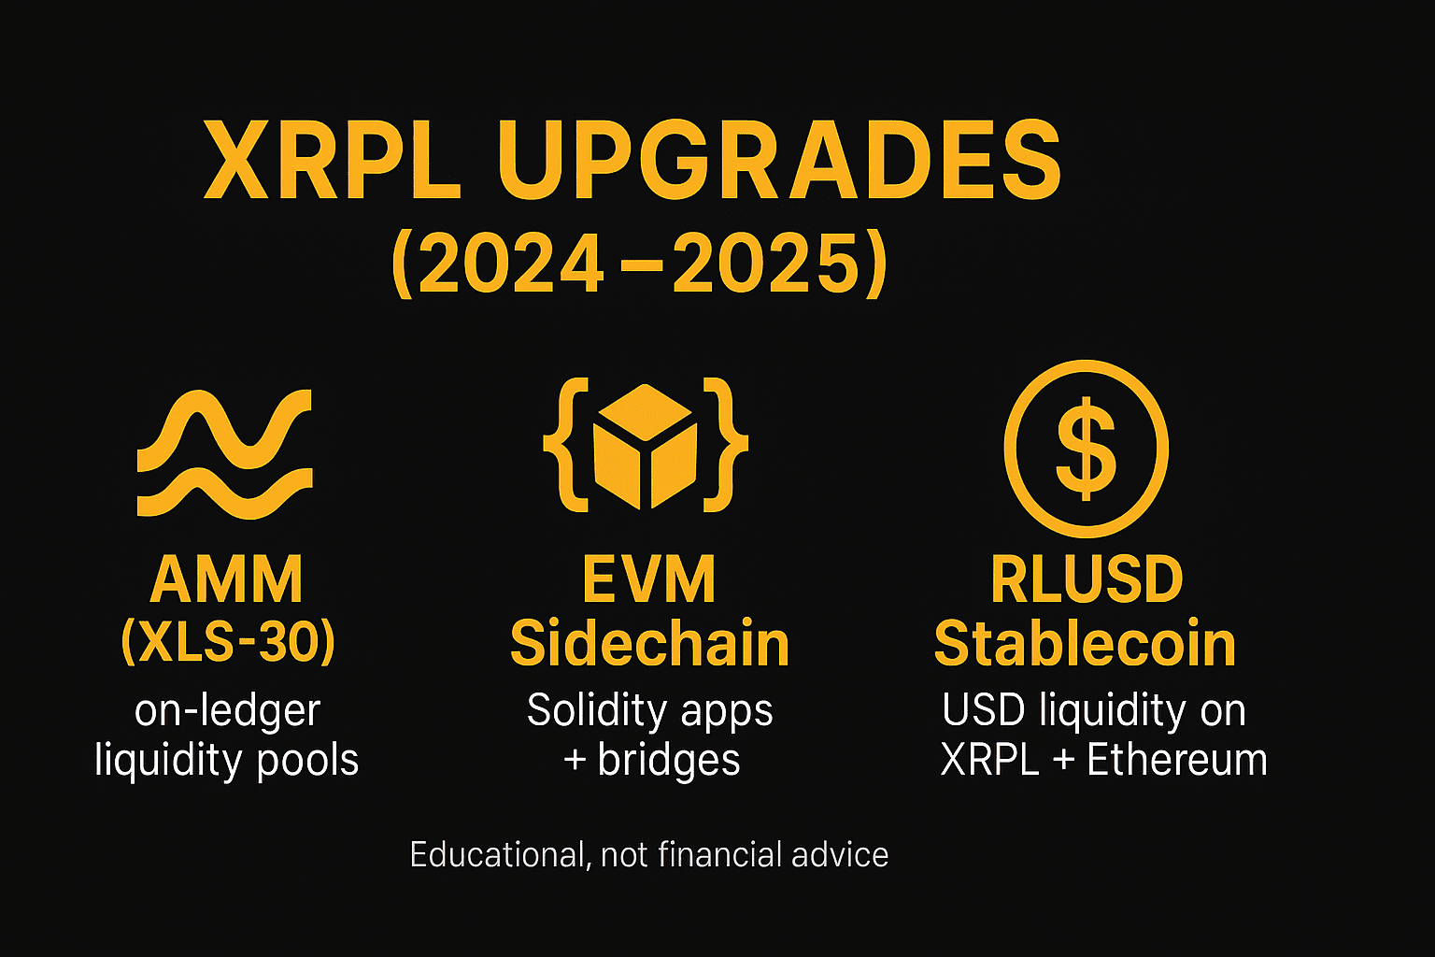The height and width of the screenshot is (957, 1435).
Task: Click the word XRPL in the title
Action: click(332, 160)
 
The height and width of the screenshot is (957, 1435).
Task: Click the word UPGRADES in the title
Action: click(780, 160)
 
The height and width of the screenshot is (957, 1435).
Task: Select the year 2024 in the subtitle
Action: click(511, 264)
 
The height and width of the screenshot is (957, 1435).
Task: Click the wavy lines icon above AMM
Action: click(225, 453)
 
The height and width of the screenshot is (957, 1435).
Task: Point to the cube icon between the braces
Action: click(646, 446)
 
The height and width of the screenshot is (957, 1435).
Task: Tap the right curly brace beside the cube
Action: click(725, 444)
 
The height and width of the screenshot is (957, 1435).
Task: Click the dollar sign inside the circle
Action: click(1086, 448)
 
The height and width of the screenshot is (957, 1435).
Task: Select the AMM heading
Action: click(226, 579)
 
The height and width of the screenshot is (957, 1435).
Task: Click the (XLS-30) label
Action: click(228, 642)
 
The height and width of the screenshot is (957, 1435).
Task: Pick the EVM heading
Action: click(648, 579)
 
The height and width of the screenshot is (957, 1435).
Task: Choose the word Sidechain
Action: click(649, 644)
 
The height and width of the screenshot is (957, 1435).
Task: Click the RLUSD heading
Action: click(1087, 579)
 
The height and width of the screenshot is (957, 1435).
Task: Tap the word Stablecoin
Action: click(1085, 644)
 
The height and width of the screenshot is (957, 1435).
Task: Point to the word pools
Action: click(307, 761)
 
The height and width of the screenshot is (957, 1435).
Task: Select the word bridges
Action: click(668, 761)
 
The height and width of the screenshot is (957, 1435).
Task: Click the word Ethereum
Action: click(1177, 760)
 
